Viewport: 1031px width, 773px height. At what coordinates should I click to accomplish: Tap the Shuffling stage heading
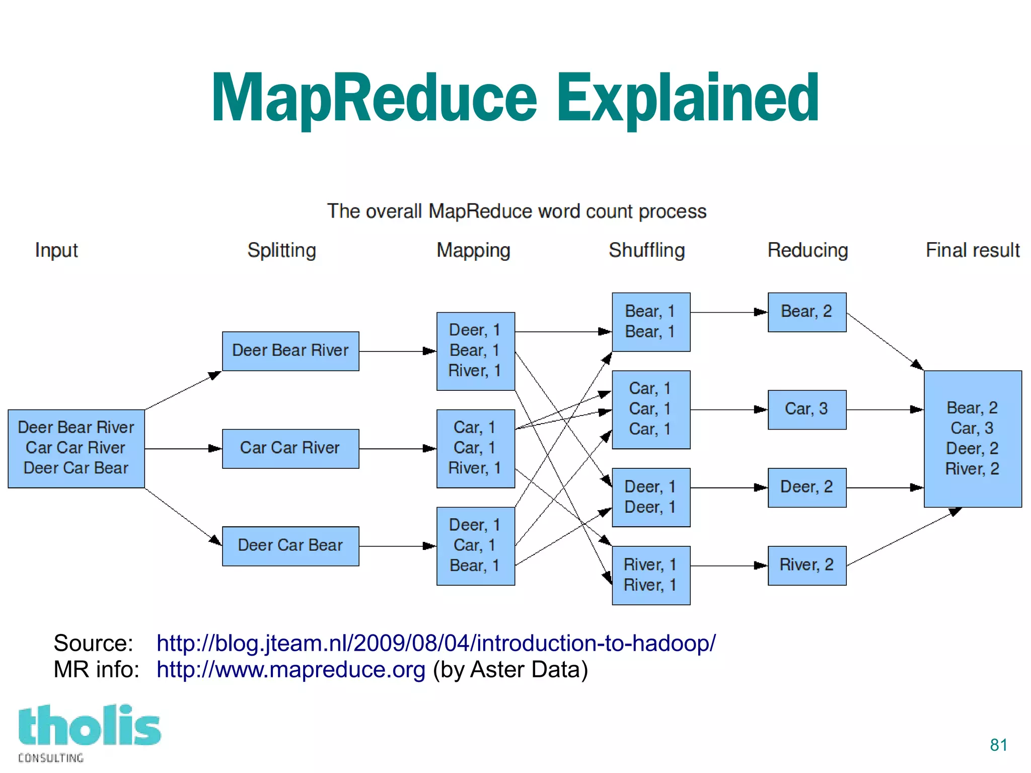point(646,250)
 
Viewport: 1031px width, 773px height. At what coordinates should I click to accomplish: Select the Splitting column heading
point(281,250)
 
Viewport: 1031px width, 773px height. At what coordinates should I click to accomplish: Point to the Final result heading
point(972,250)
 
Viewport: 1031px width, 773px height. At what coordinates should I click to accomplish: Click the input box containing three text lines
point(76,448)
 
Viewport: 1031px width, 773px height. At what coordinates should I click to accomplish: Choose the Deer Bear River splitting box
point(290,351)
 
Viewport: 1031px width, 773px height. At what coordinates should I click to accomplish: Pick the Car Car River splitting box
point(290,448)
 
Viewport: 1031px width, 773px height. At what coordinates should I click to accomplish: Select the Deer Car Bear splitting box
point(290,546)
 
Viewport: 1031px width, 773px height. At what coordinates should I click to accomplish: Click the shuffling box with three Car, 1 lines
point(650,409)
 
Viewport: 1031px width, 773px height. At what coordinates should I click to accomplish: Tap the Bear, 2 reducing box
point(806,312)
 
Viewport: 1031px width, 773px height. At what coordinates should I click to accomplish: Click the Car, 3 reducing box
point(806,409)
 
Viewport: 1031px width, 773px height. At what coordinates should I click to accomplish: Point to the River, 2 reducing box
point(806,566)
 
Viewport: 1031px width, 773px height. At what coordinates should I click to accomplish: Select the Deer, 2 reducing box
point(806,487)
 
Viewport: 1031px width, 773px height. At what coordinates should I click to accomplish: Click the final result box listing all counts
point(972,439)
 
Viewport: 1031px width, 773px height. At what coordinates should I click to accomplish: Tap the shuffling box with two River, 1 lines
point(650,575)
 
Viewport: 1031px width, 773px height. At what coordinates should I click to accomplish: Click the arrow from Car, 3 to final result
point(885,410)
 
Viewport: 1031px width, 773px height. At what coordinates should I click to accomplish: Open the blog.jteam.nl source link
point(435,644)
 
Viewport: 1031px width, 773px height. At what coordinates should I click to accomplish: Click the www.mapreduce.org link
point(290,670)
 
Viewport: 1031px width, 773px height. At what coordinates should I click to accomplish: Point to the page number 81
point(998,745)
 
